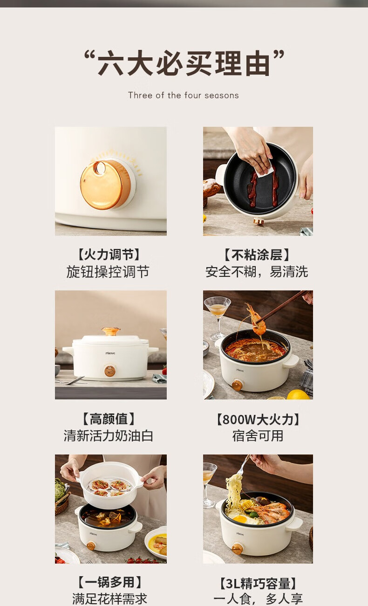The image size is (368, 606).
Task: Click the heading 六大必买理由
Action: click(184, 63)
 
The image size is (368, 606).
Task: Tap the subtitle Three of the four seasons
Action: click(184, 95)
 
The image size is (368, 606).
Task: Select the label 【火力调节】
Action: click(109, 255)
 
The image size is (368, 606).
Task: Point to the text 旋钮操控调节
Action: click(108, 272)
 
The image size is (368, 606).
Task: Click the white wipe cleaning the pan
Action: click(264, 170)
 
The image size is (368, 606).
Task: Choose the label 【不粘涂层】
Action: click(257, 255)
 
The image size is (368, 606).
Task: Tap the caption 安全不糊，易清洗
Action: click(257, 272)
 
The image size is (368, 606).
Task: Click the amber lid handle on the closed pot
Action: click(110, 331)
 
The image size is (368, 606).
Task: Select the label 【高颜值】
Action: click(108, 419)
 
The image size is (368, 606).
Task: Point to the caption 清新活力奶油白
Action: click(108, 435)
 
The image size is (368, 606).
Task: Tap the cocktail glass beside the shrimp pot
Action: click(218, 317)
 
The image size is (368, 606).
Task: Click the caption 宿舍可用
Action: click(258, 436)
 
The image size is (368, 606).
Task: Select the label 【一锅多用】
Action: click(109, 582)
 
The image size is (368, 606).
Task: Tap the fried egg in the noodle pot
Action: click(239, 519)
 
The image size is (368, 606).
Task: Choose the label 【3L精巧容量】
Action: click(258, 583)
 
